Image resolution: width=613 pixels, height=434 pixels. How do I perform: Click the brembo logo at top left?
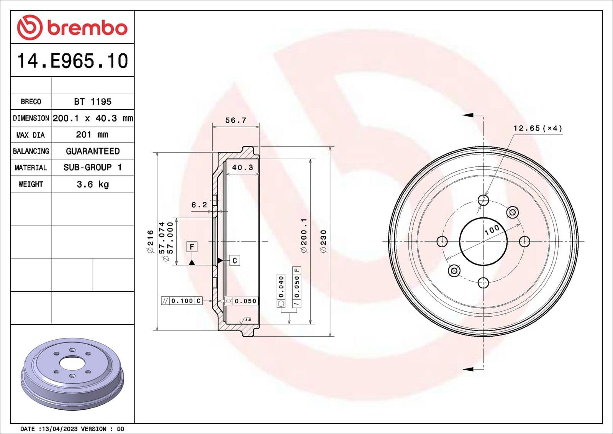72,28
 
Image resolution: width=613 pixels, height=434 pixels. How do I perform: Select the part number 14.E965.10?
72,61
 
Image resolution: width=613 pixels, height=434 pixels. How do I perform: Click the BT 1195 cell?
93,102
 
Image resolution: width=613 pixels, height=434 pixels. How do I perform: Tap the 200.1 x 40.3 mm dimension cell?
93,118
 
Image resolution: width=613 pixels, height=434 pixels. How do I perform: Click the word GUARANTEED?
93,151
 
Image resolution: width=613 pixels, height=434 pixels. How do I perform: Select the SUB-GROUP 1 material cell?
93,168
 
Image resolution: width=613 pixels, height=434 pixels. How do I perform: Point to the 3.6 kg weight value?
93,184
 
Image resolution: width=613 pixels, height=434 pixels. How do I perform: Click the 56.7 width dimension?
236,120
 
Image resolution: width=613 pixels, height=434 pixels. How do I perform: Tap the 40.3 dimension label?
243,168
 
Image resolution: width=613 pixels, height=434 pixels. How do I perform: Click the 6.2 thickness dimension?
199,205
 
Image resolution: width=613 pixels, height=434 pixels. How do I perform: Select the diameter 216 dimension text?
150,242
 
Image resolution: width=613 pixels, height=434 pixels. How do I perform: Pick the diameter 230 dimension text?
324,242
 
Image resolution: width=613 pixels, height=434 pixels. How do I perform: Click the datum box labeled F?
192,247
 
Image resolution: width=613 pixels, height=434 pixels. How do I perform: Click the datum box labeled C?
235,261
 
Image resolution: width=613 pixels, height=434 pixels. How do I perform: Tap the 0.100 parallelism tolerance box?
182,301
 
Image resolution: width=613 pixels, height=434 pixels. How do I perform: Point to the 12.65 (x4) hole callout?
538,128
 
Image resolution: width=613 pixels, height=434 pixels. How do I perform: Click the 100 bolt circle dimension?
492,230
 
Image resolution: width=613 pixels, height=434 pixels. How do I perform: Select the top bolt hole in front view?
484,200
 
